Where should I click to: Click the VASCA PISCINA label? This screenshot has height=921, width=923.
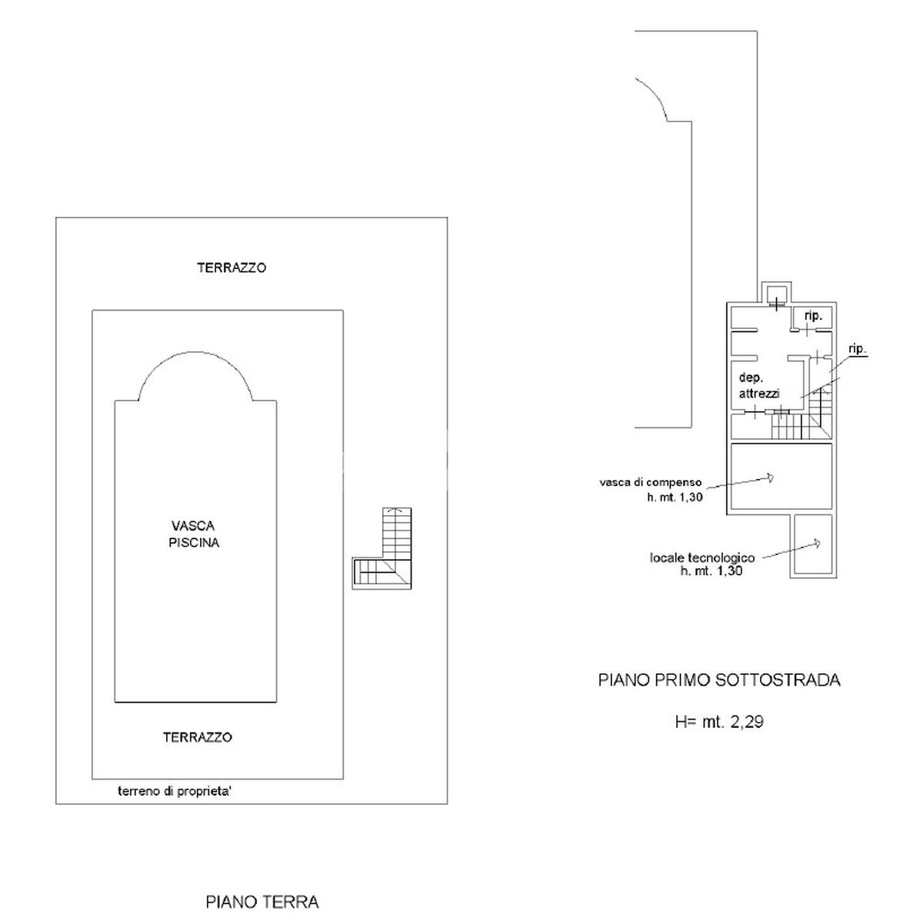pyautogui.click(x=194, y=534)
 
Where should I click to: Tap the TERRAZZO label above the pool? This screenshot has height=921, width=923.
pyautogui.click(x=232, y=268)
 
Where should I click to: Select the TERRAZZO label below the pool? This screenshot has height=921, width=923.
pyautogui.click(x=198, y=737)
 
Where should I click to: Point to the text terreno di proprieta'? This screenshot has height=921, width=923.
pyautogui.click(x=175, y=791)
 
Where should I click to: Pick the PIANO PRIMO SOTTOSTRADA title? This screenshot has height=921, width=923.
pyautogui.click(x=719, y=680)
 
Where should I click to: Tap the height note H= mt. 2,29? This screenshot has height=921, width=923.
pyautogui.click(x=719, y=722)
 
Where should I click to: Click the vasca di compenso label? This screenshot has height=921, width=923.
pyautogui.click(x=651, y=482)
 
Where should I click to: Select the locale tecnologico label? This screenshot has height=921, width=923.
pyautogui.click(x=702, y=557)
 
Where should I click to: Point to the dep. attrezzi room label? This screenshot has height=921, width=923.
pyautogui.click(x=759, y=386)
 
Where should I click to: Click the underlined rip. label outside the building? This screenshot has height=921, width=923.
pyautogui.click(x=858, y=350)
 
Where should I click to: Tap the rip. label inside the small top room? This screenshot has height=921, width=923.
pyautogui.click(x=813, y=316)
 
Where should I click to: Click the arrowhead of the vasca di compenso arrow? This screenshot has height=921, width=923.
pyautogui.click(x=770, y=477)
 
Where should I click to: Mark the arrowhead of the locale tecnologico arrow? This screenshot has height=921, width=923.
pyautogui.click(x=816, y=544)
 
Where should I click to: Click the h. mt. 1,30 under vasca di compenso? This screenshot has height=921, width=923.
pyautogui.click(x=675, y=497)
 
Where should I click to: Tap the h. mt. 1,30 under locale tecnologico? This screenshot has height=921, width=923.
pyautogui.click(x=711, y=571)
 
